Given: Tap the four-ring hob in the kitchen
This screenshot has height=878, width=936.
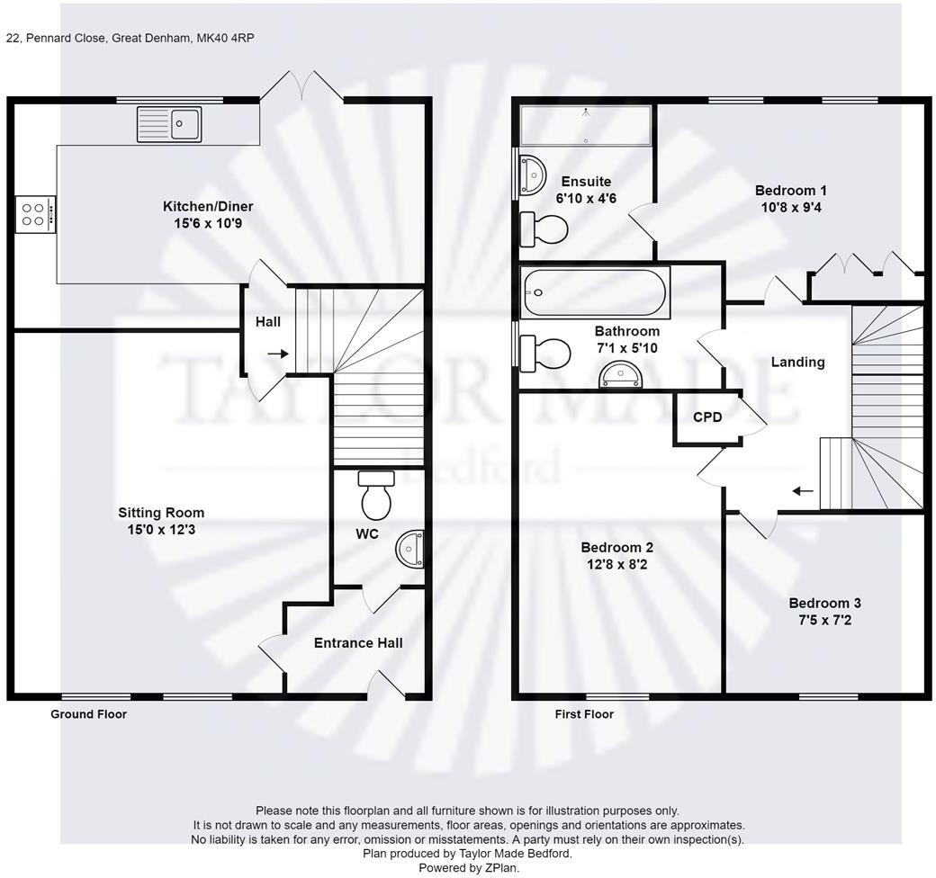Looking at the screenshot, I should tap(35, 213).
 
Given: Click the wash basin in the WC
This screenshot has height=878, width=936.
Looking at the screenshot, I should tap(411, 549).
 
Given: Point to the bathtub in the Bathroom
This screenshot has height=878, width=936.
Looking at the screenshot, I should tap(594, 293).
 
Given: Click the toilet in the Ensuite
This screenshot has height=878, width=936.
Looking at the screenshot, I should tap(544, 228).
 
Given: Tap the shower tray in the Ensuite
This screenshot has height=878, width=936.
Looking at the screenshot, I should tap(585, 125).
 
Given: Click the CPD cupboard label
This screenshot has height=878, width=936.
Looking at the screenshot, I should tap(706, 417).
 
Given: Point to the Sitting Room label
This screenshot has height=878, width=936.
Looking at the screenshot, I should tap(161, 513).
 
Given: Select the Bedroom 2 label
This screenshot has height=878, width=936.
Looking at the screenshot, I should tap(616, 547).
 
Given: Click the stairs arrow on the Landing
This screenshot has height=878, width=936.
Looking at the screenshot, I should tap(802, 491).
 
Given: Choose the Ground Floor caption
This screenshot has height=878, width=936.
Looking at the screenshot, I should tap(88, 714).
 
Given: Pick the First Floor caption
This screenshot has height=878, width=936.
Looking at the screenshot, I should tap(584, 714).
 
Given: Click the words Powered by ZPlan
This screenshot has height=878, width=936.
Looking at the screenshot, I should tap(468, 868).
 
